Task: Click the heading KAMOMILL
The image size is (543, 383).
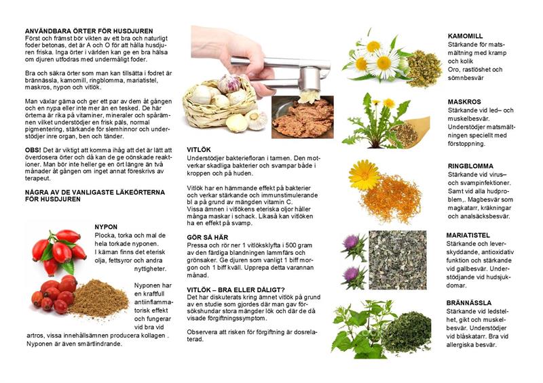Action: pyautogui.click(x=465, y=36)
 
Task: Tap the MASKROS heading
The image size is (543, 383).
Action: pyautogui.click(x=464, y=102)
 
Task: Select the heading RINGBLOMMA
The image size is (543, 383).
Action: pyautogui.click(x=470, y=166)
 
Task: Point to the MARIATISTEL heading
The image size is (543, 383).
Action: pyautogui.click(x=468, y=235)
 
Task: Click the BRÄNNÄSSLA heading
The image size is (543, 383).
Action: pyautogui.click(x=468, y=303)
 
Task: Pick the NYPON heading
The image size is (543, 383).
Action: pyautogui.click(x=106, y=227)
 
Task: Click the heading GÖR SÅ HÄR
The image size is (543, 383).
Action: pyautogui.click(x=208, y=237)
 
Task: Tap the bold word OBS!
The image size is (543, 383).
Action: pyautogui.click(x=33, y=150)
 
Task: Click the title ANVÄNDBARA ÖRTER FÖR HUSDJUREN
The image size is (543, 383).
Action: pyautogui.click(x=89, y=31)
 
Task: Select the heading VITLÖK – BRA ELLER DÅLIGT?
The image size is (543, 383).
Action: pyautogui.click(x=236, y=290)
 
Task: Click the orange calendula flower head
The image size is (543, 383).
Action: pyautogui.click(x=364, y=175)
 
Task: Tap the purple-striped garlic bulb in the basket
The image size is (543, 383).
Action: pyautogui.click(x=229, y=83)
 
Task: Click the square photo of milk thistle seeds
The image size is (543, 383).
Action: pyautogui.click(x=398, y=260)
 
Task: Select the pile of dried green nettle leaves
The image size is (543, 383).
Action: pyautogui.click(x=406, y=331)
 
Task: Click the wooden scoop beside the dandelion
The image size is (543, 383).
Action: pyautogui.click(x=410, y=132)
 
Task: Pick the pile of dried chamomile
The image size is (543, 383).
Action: pyautogui.click(x=424, y=68)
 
